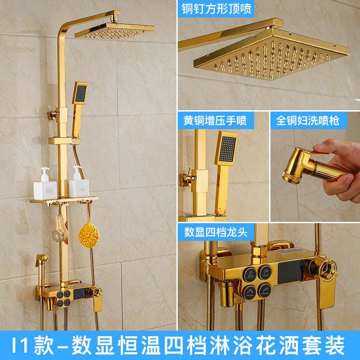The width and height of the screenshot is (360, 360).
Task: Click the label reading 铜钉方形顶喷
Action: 217,8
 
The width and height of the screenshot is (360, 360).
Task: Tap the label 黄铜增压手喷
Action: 215,120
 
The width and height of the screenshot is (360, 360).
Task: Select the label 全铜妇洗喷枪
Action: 308,120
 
